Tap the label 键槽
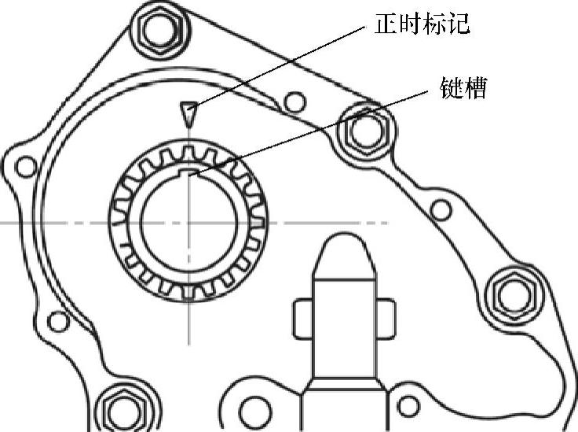pos(463,87)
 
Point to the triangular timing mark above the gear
pos(187,113)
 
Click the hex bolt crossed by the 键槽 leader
pos(362,130)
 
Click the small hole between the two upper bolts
pos(294,102)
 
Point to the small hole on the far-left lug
pos(26,167)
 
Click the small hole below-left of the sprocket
pos(57,321)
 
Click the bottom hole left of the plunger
pos(253,410)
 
